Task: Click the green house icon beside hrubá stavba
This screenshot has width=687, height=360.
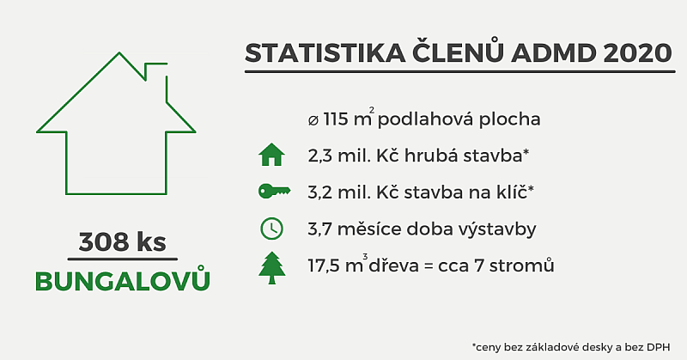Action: pyautogui.click(x=271, y=155)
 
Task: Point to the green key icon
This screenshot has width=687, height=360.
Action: pyautogui.click(x=271, y=192)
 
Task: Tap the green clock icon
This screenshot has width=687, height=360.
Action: pyautogui.click(x=271, y=229)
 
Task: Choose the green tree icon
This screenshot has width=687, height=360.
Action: pyautogui.click(x=271, y=265)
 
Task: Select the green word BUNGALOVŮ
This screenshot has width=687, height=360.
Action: pyautogui.click(x=122, y=281)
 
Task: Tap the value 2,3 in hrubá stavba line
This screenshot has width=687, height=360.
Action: pyautogui.click(x=320, y=156)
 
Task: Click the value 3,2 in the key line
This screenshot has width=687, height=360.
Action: pyautogui.click(x=320, y=192)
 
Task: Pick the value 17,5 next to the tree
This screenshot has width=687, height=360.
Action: pyautogui.click(x=326, y=265)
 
